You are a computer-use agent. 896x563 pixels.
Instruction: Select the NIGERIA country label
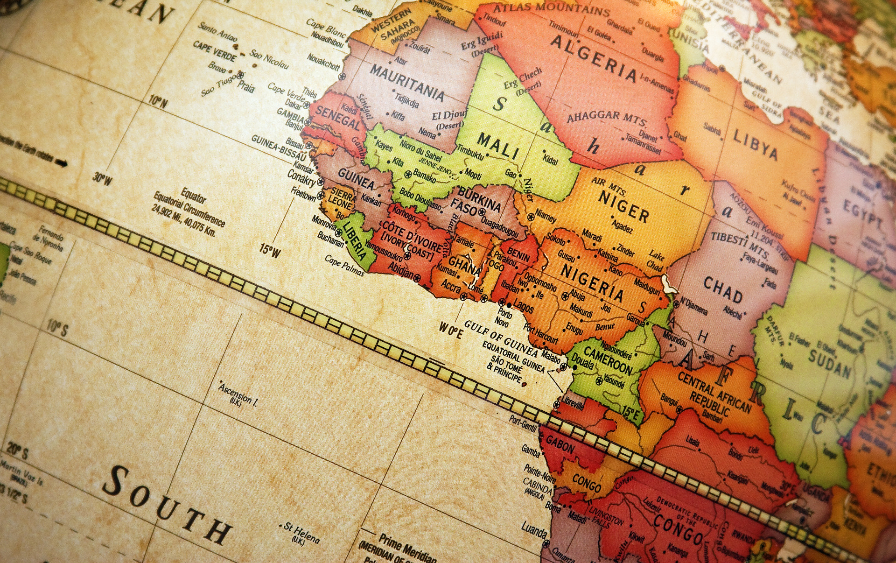click(592, 281)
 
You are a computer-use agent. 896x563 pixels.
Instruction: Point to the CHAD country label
click(722, 290)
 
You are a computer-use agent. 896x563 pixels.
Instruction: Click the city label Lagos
click(523, 307)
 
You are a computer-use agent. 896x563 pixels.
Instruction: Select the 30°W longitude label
click(103, 179)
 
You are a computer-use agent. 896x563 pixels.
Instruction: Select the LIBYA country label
click(755, 145)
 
